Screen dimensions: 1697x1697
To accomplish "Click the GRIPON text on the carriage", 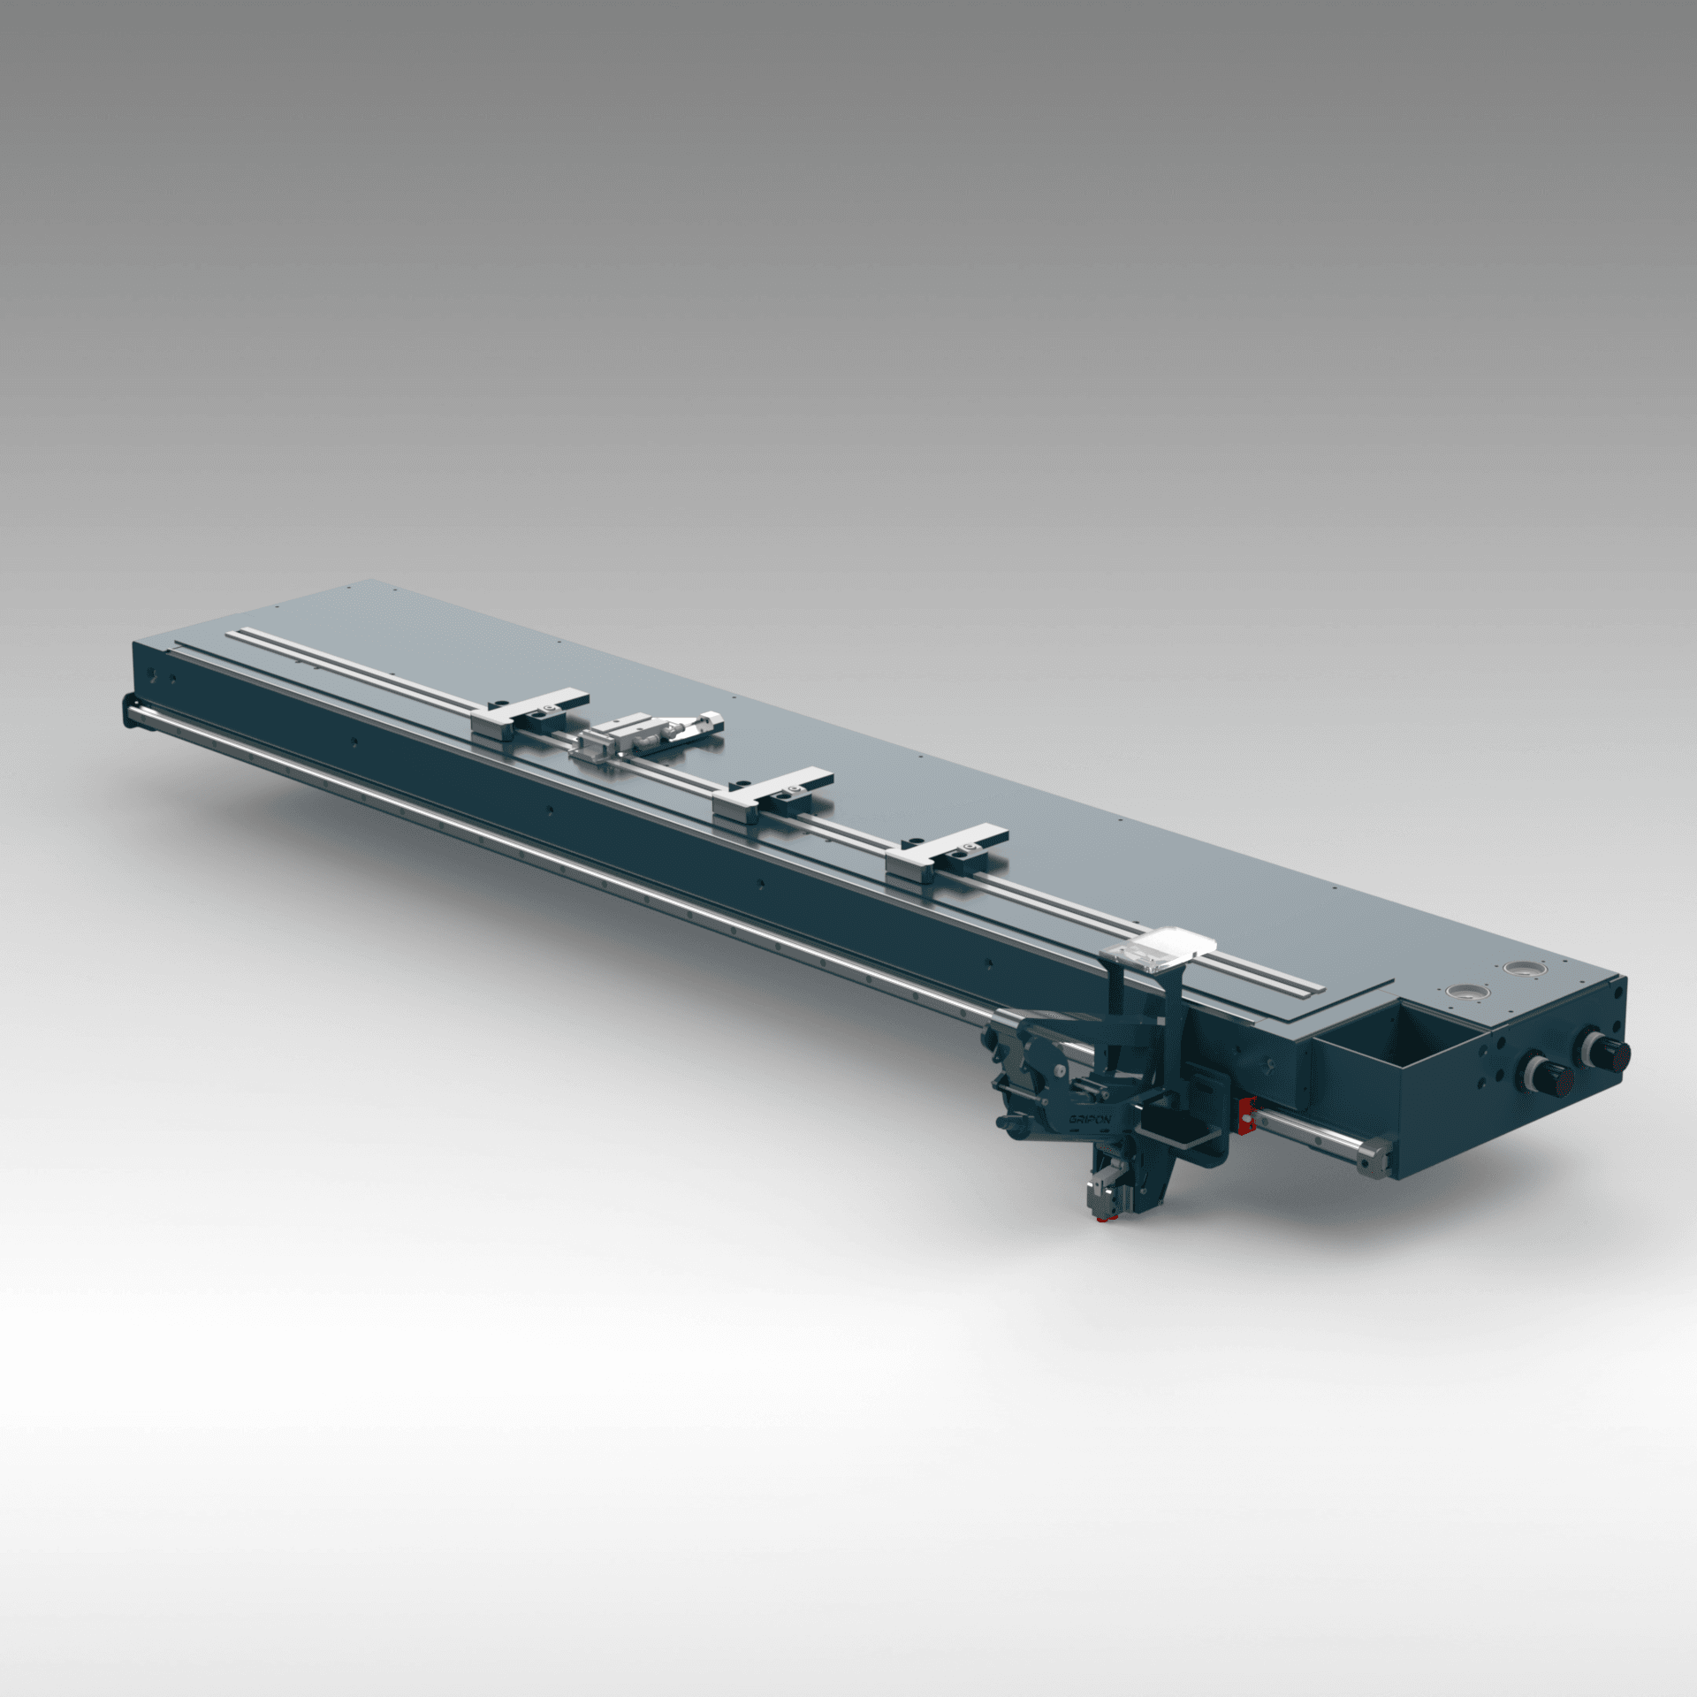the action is point(1090,1119).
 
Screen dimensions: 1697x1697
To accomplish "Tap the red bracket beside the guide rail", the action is point(1247,1115).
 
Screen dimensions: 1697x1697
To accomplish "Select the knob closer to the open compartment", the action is point(1541,1077).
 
